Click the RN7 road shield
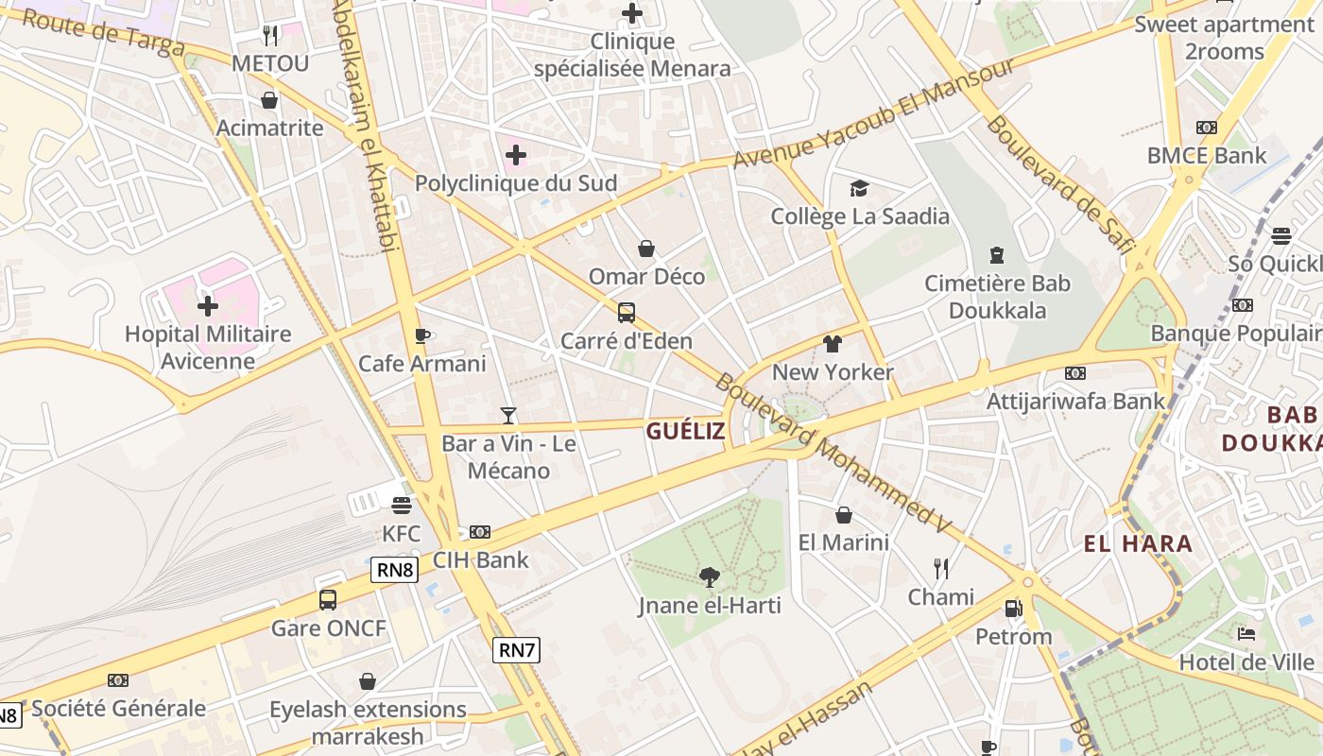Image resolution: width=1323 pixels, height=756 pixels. pos(516,649)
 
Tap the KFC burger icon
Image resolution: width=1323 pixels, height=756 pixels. pos(402,505)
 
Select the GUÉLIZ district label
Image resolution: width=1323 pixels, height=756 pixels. pos(686,432)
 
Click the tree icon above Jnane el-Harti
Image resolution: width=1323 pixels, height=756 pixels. pos(709,576)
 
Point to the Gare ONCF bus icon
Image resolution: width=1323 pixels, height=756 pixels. pos(328,600)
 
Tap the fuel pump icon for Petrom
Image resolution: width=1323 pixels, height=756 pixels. pos(1013,608)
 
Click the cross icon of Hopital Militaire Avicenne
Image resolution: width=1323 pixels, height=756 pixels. pos(208,305)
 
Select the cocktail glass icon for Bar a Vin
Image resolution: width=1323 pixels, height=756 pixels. pos(508,415)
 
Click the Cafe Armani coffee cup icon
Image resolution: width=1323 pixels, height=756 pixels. pos(422,335)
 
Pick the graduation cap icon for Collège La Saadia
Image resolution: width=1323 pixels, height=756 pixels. pos(859,188)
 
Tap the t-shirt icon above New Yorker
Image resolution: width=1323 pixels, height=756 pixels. pos(832,344)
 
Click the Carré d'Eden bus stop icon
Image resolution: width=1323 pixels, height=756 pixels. pos(626,313)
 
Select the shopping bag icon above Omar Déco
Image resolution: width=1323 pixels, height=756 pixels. pos(646,249)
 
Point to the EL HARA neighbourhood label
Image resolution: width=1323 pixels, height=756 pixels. pos(1138,543)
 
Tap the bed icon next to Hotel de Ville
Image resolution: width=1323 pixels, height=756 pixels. pos(1246,633)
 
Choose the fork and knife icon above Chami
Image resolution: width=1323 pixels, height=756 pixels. pos(941,568)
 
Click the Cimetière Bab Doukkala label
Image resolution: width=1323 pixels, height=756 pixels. pos(997,297)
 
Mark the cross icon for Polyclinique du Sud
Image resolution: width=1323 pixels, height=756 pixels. pos(516,154)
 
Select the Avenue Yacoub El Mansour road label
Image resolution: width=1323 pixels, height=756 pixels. pos(873,113)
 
